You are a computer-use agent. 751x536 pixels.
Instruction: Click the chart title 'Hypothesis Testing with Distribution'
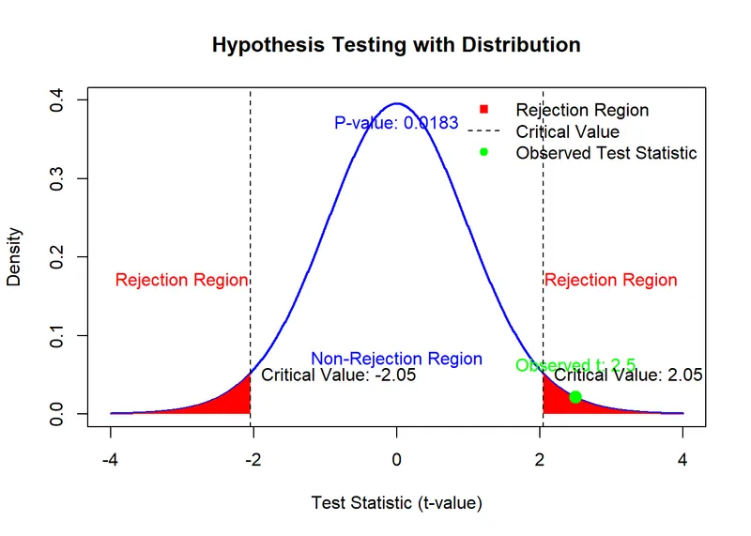[x=396, y=45]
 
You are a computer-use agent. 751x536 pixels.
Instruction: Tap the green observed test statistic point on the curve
[x=575, y=397]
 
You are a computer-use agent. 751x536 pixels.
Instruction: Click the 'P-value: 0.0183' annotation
[x=396, y=123]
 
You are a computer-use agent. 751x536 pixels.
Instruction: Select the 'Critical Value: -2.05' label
[x=337, y=375]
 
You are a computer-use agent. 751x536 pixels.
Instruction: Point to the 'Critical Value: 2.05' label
[x=628, y=375]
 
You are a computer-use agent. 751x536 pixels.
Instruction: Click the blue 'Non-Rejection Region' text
[x=396, y=359]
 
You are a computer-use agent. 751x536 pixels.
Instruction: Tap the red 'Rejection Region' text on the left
[x=181, y=280]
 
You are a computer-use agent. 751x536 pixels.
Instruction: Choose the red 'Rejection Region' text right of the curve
[x=610, y=280]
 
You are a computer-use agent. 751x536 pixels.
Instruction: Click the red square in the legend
[x=483, y=110]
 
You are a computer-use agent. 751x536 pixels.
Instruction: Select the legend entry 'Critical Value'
[x=567, y=131]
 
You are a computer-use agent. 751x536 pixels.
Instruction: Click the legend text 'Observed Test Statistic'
[x=606, y=153]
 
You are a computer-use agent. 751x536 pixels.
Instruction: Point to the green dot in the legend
[x=483, y=152]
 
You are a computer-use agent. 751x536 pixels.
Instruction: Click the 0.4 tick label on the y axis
[x=58, y=100]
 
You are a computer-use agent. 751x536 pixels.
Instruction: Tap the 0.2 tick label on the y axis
[x=58, y=256]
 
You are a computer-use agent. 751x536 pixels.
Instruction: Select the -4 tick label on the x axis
[x=111, y=460]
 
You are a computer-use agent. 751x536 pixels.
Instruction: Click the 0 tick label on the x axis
[x=397, y=460]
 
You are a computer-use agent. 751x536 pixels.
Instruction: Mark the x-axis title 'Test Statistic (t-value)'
[x=396, y=503]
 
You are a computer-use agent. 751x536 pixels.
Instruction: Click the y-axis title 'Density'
[x=15, y=256]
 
